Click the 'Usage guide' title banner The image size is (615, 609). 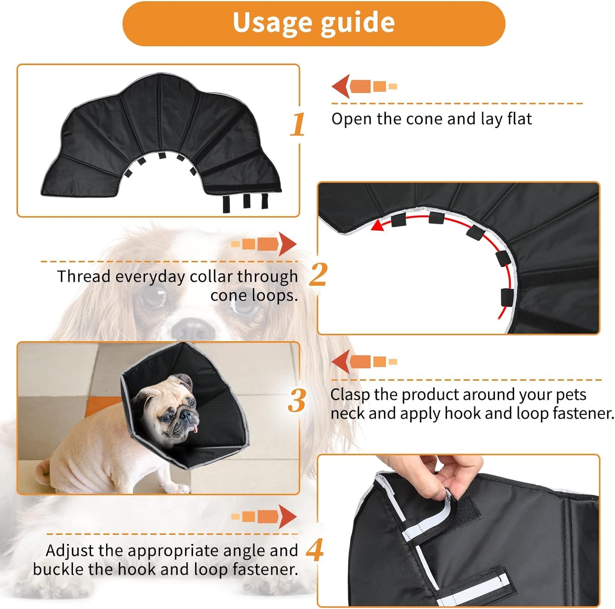click(x=314, y=23)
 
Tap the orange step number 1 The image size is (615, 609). click(x=298, y=124)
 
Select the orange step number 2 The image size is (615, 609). click(x=318, y=275)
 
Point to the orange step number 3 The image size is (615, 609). click(x=297, y=400)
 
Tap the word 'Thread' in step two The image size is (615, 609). click(x=84, y=276)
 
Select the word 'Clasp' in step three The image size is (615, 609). click(x=351, y=395)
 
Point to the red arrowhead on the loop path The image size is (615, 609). click(x=378, y=224)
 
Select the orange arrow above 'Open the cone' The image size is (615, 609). click(x=364, y=86)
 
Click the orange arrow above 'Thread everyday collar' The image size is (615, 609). click(x=264, y=244)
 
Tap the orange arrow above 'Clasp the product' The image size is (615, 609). click(x=364, y=362)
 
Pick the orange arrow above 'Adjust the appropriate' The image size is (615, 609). click(x=264, y=517)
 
